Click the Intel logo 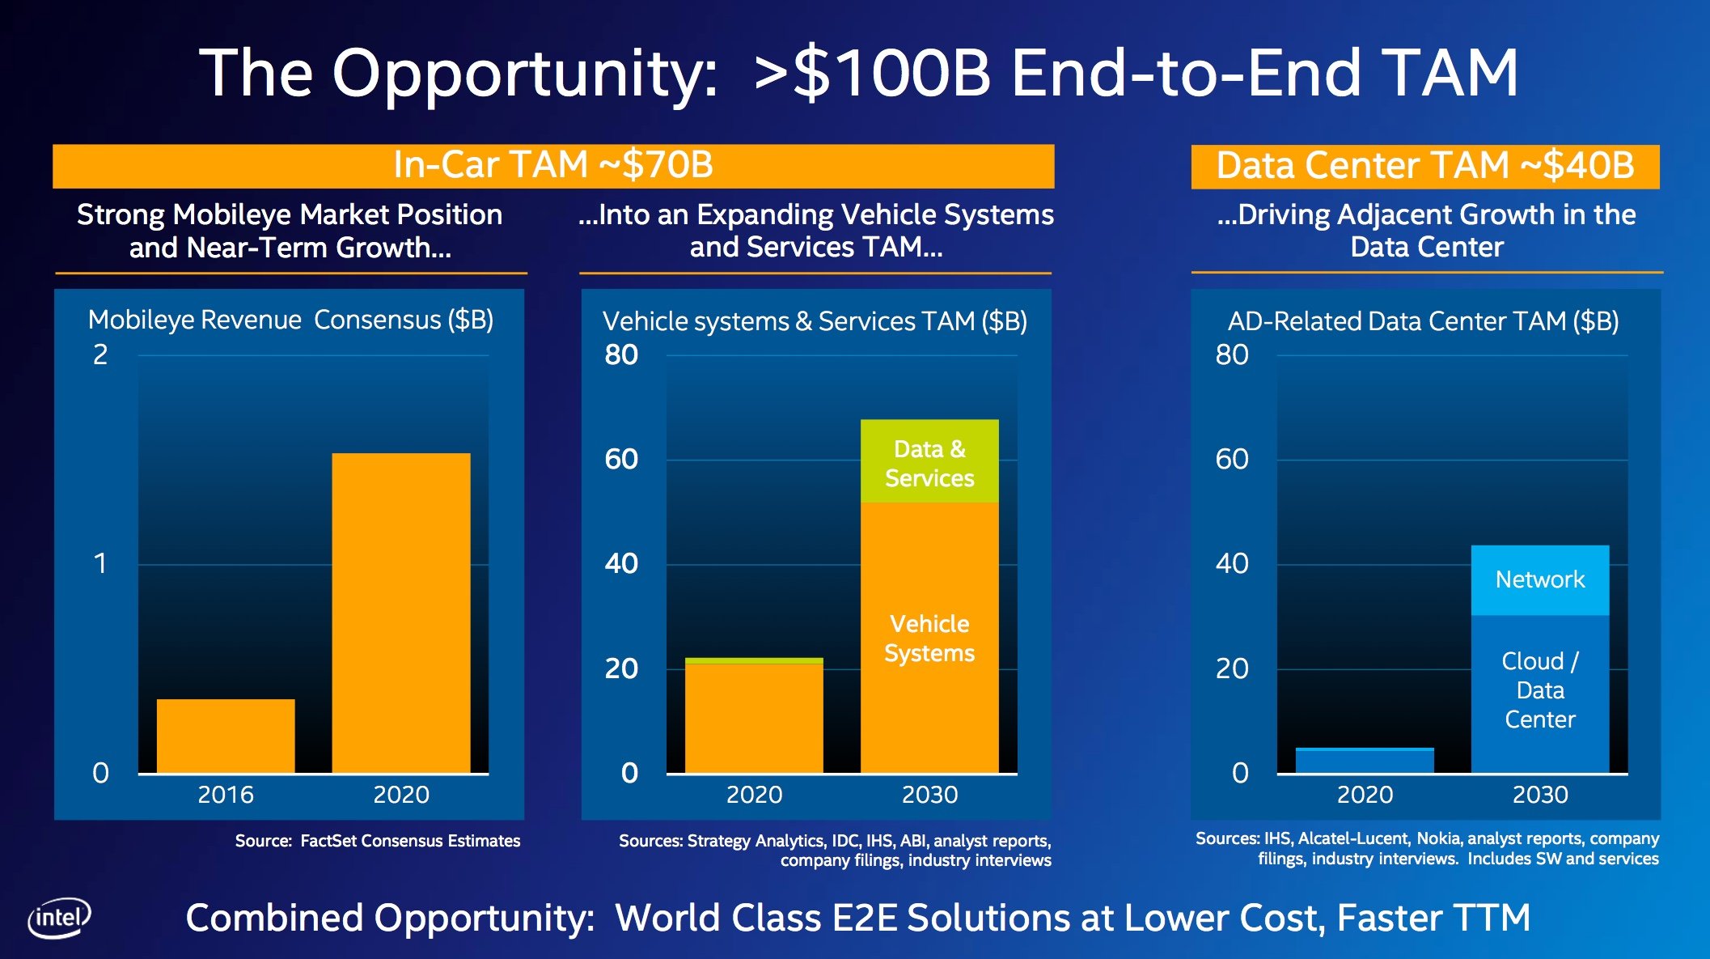point(59,918)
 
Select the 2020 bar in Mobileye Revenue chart point(400,613)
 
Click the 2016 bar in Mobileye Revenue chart point(226,736)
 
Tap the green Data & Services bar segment point(929,462)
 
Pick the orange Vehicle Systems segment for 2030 point(929,638)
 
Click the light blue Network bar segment point(1539,579)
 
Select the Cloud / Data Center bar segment point(1539,692)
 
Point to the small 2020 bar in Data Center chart point(1364,760)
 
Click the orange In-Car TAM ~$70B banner point(553,166)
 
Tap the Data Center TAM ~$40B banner point(1424,166)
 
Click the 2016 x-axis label point(226,795)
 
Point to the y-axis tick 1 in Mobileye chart point(99,563)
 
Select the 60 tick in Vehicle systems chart point(620,459)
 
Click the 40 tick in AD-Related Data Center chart point(1231,563)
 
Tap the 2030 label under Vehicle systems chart point(929,795)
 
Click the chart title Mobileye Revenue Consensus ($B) point(290,320)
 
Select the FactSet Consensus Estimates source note point(377,841)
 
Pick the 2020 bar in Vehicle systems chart point(754,716)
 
